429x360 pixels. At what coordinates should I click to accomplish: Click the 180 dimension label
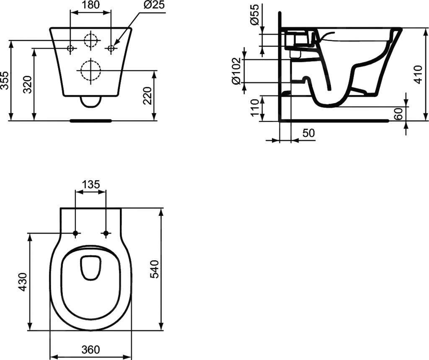coord(90,5)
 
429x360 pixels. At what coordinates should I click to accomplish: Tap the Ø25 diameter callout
coord(154,5)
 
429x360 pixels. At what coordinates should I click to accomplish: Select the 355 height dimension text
coord(5,80)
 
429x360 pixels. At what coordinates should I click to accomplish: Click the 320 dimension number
coord(28,84)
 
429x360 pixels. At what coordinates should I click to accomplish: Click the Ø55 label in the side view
coord(255,16)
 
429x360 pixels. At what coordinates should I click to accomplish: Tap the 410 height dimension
coord(418,74)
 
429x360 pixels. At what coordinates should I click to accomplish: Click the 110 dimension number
coord(254,108)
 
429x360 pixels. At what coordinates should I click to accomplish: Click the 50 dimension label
coord(308,133)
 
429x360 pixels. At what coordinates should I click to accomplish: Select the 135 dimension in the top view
coord(90,184)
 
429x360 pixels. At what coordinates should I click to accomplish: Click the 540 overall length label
coord(154,269)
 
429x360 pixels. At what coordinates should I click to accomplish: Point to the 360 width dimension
coord(90,349)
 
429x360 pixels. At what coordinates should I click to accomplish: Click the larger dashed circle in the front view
coord(90,70)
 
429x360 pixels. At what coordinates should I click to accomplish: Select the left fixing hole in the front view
coord(71,48)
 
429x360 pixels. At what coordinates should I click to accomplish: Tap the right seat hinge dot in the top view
coord(106,233)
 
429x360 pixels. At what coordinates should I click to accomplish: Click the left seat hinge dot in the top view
coord(75,233)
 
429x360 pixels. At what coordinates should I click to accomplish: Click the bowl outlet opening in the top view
coord(90,267)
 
